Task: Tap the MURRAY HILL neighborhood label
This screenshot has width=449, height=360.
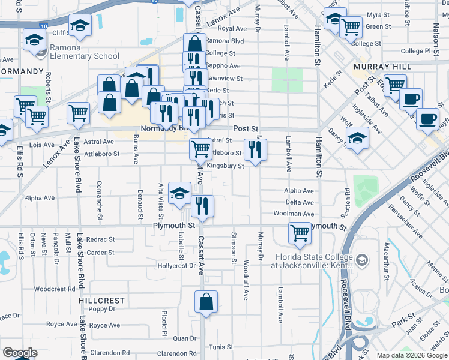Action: pyautogui.click(x=382, y=66)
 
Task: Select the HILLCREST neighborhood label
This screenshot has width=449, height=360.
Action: pyautogui.click(x=101, y=300)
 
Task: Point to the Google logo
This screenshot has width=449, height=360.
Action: pyautogui.click(x=20, y=353)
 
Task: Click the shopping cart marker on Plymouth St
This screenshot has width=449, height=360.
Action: pyautogui.click(x=300, y=233)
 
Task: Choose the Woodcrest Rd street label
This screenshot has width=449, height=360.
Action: pyautogui.click(x=54, y=289)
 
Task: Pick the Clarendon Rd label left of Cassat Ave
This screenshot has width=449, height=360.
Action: pyautogui.click(x=177, y=353)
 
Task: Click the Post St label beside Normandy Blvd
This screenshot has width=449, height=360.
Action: pyautogui.click(x=246, y=128)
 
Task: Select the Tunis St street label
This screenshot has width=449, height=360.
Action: pyautogui.click(x=221, y=347)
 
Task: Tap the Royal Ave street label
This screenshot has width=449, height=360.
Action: pyautogui.click(x=232, y=28)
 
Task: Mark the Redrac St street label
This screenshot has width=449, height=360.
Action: pyautogui.click(x=100, y=239)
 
